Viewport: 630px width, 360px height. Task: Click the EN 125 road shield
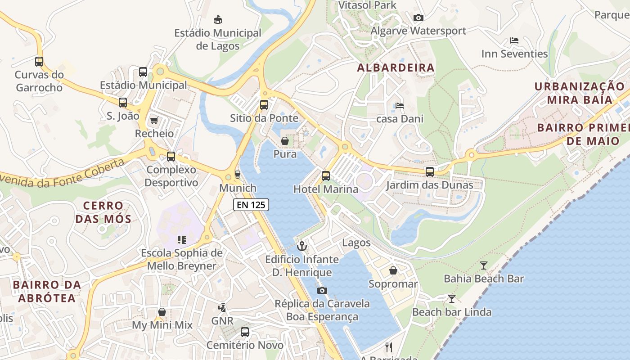point(251,205)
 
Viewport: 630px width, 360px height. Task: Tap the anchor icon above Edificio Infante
point(302,246)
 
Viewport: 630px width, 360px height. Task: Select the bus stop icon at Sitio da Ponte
point(264,105)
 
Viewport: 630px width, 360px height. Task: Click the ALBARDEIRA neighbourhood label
point(396,68)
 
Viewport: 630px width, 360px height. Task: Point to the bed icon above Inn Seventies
point(514,40)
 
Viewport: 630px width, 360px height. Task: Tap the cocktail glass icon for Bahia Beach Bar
point(484,265)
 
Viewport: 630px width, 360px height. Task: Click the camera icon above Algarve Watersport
point(418,18)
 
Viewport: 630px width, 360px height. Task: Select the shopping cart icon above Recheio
point(154,120)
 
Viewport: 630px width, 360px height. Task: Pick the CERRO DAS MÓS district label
point(103,212)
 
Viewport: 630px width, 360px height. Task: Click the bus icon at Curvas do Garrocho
point(39,62)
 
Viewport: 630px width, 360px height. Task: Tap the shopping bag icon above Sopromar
point(393,270)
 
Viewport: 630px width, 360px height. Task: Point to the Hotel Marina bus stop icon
point(326,176)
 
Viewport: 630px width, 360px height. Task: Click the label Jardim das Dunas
point(430,185)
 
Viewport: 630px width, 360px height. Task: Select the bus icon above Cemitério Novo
point(245,332)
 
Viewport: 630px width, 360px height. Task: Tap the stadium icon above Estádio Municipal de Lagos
point(218,19)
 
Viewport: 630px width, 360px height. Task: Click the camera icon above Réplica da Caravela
point(322,290)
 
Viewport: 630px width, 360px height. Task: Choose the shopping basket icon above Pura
point(285,141)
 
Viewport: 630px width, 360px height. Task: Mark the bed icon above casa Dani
point(400,106)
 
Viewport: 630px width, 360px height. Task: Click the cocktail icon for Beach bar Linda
point(452,299)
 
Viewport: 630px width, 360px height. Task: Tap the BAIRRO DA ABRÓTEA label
point(47,291)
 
